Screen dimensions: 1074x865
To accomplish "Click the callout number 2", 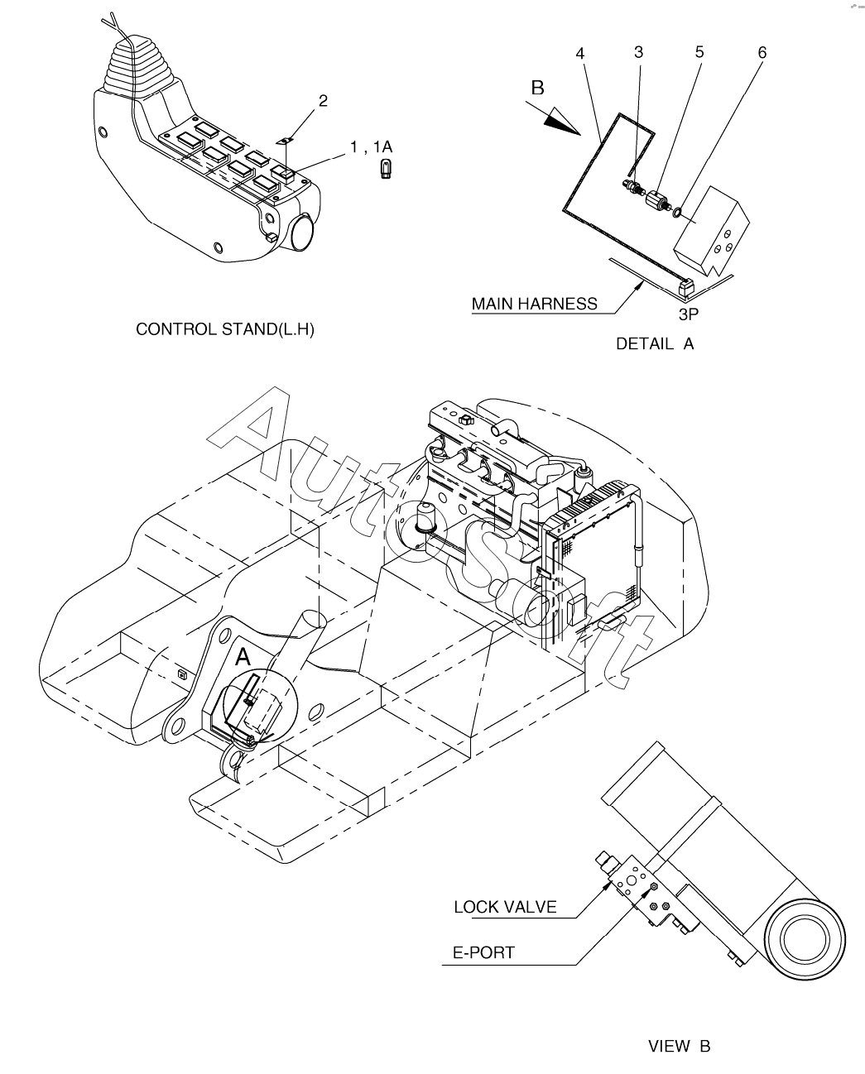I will pos(323,101).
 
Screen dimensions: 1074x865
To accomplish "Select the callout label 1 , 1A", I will pos(371,147).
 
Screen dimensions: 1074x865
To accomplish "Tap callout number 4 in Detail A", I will pos(580,53).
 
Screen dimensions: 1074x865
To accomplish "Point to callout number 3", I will pos(638,52).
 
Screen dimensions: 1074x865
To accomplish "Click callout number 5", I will pos(699,52).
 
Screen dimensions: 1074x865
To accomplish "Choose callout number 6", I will pos(762,53).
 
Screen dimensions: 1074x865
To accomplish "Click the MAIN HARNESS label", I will pos(534,304).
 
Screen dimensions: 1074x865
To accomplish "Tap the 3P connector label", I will pos(689,314).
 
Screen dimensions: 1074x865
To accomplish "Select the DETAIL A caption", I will pos(655,344).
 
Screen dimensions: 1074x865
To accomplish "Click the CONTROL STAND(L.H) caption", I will pos(225,329).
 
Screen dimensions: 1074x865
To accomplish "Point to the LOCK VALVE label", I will pos(505,907).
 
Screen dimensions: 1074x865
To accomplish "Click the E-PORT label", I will pos(483,952).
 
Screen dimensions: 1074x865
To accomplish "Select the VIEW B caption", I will pos(679,1047).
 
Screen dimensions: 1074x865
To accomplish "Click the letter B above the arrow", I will pos(537,87).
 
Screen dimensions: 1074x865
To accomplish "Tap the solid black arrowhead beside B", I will pos(562,121).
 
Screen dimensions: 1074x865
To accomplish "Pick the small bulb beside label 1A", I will pos(385,170).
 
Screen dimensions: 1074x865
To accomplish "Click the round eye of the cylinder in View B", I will pos(805,941).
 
